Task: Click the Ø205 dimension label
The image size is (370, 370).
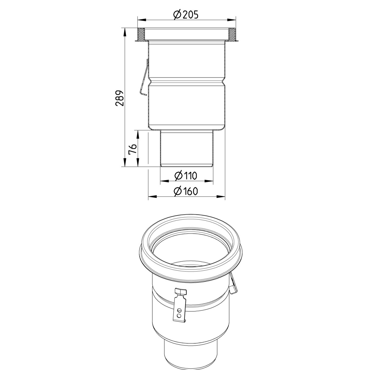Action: tap(186, 15)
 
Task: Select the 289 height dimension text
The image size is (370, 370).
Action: tap(120, 98)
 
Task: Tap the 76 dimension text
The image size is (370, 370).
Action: tap(132, 149)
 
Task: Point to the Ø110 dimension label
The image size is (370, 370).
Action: tap(186, 176)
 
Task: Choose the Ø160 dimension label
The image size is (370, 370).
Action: tap(186, 191)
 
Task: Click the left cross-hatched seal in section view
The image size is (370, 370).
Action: tap(141, 34)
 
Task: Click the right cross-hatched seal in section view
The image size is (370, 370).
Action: tap(232, 34)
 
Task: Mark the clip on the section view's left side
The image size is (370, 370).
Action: tap(145, 79)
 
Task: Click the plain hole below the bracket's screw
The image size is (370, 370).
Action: tap(178, 315)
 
